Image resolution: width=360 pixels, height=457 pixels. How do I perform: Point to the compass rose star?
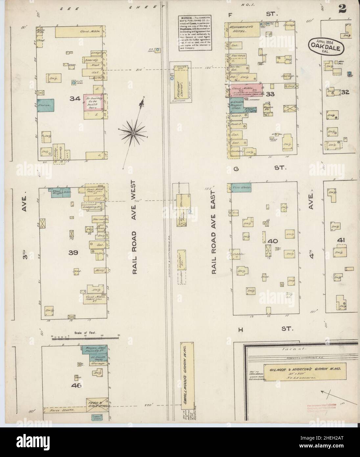point(133,132)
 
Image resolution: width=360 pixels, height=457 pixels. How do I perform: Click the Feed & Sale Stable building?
point(97,405)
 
